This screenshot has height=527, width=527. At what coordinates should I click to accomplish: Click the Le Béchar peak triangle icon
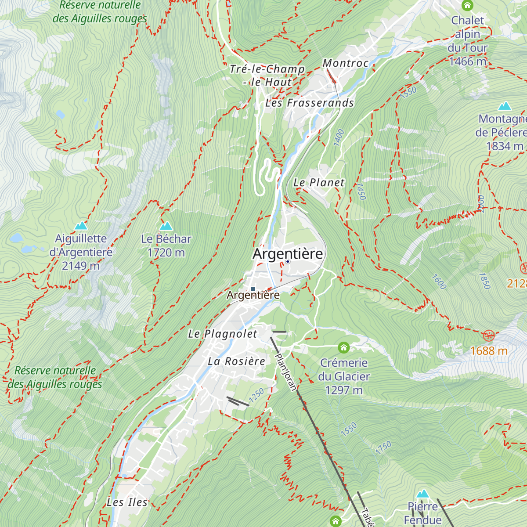(x=166, y=226)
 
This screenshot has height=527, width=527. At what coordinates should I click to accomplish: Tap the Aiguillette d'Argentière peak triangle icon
(x=81, y=226)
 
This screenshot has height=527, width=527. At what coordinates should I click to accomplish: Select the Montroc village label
(x=346, y=63)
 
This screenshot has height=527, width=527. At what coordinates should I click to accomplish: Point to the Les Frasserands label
(x=310, y=103)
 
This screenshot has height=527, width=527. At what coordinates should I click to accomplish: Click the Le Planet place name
(x=319, y=183)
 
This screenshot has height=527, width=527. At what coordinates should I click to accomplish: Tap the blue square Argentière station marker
(x=253, y=289)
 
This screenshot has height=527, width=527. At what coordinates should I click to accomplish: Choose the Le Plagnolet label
(x=223, y=334)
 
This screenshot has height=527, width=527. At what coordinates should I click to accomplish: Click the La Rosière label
(x=236, y=361)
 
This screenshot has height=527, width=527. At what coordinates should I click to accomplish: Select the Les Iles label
(x=127, y=502)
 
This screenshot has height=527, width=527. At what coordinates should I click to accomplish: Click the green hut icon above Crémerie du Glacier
(x=344, y=348)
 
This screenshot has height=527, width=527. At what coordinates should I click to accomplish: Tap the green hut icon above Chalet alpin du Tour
(x=467, y=6)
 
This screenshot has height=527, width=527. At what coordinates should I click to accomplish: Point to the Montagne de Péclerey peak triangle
(x=505, y=106)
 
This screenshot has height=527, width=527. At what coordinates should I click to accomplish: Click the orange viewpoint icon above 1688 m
(x=488, y=336)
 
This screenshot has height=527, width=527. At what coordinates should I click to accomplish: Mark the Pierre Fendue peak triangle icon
(x=422, y=494)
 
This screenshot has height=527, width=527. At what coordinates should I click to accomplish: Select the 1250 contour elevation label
(x=256, y=395)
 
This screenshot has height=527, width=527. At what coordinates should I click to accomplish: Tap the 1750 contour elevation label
(x=383, y=448)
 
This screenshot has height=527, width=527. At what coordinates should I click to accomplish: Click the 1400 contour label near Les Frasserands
(x=339, y=137)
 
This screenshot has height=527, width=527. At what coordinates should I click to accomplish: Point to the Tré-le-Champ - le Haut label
(x=267, y=76)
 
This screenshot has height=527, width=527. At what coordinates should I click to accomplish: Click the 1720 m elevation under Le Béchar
(x=166, y=253)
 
